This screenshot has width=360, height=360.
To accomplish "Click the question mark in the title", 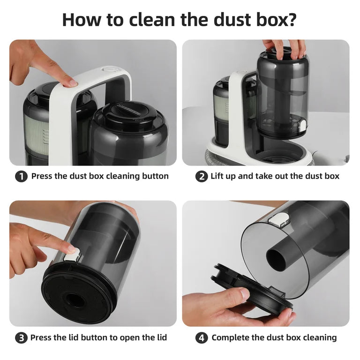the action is pyautogui.click(x=290, y=20).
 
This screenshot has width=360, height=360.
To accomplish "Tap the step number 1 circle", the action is pyautogui.click(x=22, y=177).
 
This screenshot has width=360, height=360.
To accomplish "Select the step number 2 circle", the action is pyautogui.click(x=202, y=177).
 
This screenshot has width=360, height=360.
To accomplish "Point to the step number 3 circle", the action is pyautogui.click(x=22, y=338).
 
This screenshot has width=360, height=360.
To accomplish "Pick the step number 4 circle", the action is pyautogui.click(x=202, y=338).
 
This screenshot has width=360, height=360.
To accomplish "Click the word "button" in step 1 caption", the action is pyautogui.click(x=155, y=176).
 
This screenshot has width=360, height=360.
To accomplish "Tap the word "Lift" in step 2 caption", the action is pyautogui.click(x=216, y=176).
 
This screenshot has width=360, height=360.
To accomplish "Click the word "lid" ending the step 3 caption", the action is pyautogui.click(x=161, y=337).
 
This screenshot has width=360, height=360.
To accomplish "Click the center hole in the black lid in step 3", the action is pyautogui.click(x=76, y=300).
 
